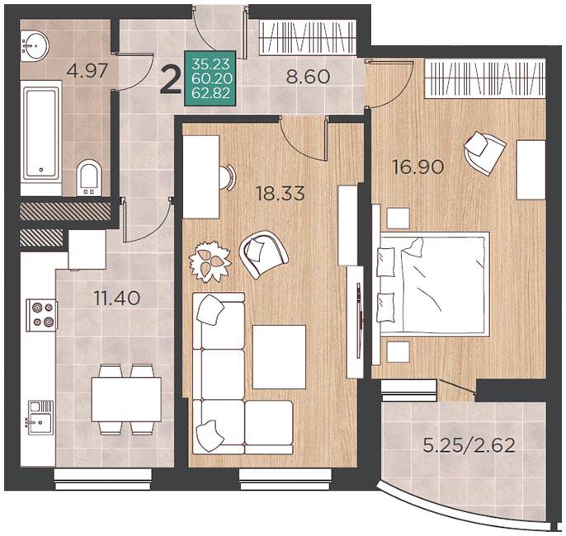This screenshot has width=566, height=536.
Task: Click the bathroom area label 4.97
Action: click(x=87, y=70)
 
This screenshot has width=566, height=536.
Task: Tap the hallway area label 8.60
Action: click(x=308, y=77)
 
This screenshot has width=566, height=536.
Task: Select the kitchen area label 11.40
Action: click(x=117, y=298)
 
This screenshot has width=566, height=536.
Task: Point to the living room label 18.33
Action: click(x=281, y=193)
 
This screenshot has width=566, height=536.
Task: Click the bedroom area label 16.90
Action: click(x=418, y=167)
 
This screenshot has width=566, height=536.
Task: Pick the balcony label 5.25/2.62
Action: click(x=469, y=445)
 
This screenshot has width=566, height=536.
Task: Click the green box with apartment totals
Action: click(x=210, y=78)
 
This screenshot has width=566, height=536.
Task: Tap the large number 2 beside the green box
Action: click(x=172, y=81)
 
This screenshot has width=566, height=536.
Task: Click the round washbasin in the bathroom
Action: click(x=35, y=45)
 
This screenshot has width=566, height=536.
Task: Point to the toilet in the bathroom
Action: click(x=89, y=179)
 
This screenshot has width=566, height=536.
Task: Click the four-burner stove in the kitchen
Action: click(x=42, y=315)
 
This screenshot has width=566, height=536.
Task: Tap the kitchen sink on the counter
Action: click(x=40, y=414)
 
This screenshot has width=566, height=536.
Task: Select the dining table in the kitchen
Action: click(x=126, y=399)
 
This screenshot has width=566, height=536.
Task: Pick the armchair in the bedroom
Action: click(x=485, y=153)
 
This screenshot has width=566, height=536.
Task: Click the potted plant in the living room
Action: click(x=210, y=261)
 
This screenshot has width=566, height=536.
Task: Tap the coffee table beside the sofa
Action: click(x=279, y=357)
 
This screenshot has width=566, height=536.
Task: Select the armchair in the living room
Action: click(x=263, y=254)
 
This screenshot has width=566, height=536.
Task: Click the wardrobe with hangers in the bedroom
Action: click(x=484, y=78)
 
